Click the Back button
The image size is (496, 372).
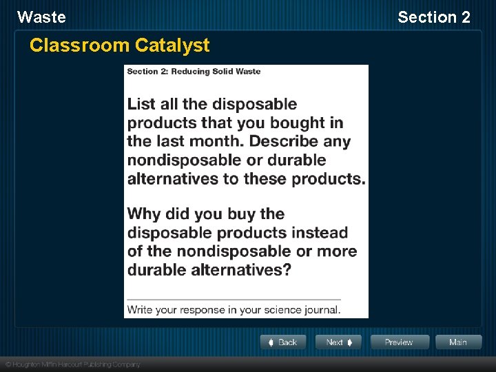tap(282, 342)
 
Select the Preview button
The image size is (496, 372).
tap(400, 342)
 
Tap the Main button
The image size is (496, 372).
tap(457, 342)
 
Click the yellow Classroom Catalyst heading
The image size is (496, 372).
tap(119, 45)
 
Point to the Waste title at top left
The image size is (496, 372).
tap(41, 17)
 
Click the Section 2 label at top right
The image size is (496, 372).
tap(434, 17)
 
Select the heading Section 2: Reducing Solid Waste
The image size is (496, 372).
tap(194, 72)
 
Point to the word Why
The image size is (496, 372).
tap(144, 214)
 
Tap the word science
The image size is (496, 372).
tap(276, 309)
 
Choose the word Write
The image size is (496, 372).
tap(141, 309)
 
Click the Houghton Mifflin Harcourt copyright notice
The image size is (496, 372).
tap(73, 364)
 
